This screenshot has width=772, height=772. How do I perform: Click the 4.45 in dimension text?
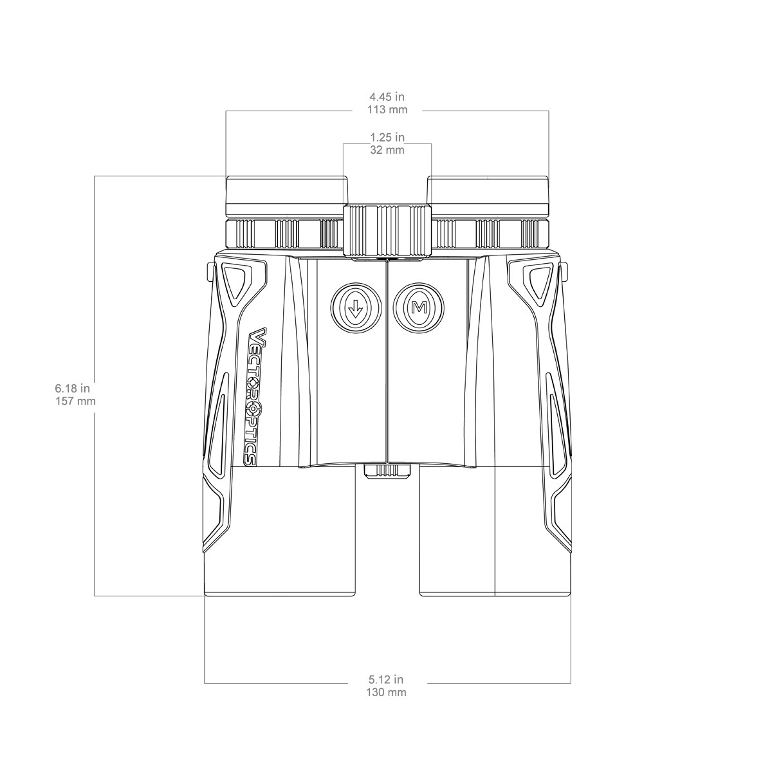(x=387, y=96)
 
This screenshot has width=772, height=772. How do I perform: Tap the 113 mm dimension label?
(x=387, y=110)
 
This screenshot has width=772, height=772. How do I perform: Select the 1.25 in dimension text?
(x=387, y=137)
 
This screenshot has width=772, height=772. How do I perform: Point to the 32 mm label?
(x=387, y=150)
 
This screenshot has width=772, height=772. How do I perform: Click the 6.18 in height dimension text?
(x=72, y=388)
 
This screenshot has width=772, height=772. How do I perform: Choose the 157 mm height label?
(x=75, y=401)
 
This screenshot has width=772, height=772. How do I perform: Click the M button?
(x=419, y=308)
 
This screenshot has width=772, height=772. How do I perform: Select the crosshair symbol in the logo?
(x=253, y=409)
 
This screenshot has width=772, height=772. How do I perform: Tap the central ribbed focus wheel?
(x=387, y=230)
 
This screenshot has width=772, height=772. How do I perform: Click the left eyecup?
(x=287, y=196)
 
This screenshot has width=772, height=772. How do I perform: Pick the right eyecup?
(x=488, y=196)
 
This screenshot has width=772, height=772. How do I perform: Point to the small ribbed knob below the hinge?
(x=387, y=471)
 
